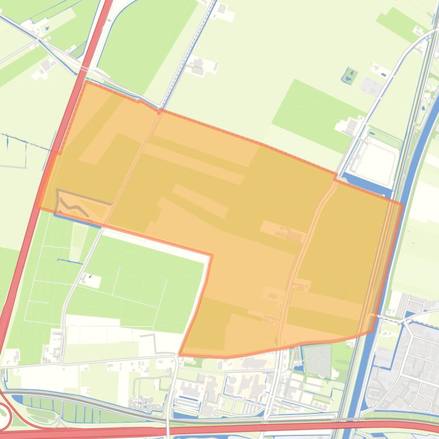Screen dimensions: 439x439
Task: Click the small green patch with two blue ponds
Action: pos(349,75)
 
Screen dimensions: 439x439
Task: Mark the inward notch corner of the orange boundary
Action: pos(212,255)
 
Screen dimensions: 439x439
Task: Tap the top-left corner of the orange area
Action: pos(86,82)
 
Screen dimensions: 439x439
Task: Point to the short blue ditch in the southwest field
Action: pos(69,261)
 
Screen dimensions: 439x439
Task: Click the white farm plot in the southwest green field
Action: pos(91,281)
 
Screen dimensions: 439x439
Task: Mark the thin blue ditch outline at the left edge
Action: pos(14,151)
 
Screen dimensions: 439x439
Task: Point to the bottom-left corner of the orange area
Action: pos(180,355)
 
